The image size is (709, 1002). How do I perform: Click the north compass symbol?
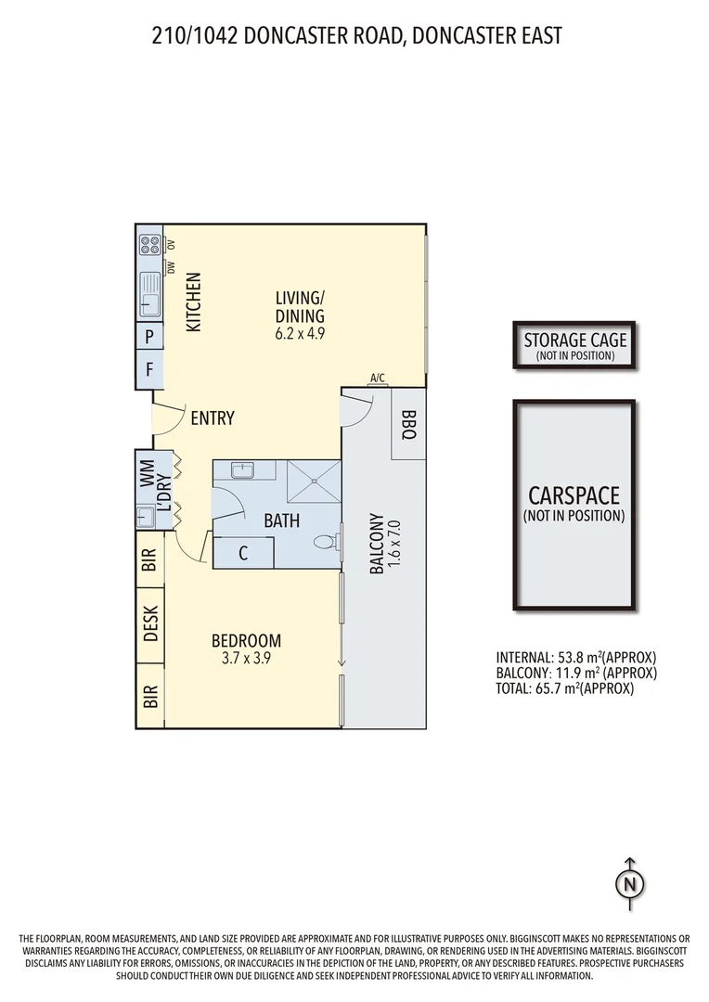[x=630, y=882]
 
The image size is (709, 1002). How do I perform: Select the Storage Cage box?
[x=574, y=346]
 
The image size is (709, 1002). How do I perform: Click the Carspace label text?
[x=574, y=496]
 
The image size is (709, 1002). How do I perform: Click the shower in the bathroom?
[x=315, y=483]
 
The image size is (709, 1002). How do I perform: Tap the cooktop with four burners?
[x=149, y=245]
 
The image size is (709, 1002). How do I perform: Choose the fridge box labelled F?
[x=149, y=368]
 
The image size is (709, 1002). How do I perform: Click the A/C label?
[x=378, y=378]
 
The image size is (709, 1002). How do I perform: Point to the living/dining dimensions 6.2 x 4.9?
[x=300, y=333]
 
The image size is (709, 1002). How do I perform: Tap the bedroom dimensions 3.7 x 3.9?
[x=246, y=660]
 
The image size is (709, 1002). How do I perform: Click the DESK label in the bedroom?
[x=151, y=624]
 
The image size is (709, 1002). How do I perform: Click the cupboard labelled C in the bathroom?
[x=243, y=554]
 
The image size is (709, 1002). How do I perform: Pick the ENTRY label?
[x=212, y=418]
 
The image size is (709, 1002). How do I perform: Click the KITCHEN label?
[x=193, y=303]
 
